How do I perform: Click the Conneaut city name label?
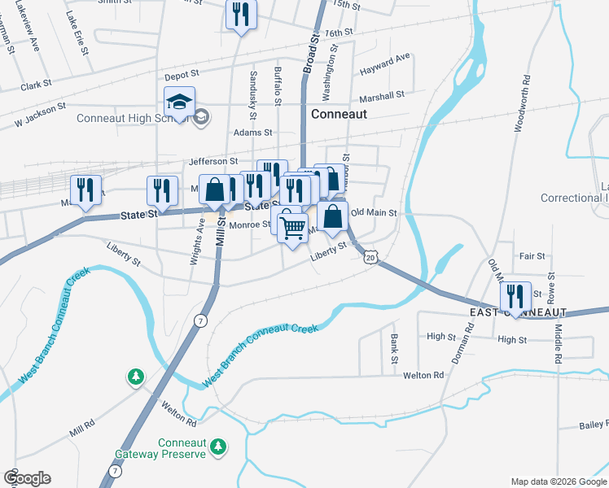point(338,115)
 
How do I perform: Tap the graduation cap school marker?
point(179,102)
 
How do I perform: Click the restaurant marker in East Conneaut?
point(515,296)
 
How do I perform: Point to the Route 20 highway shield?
point(371,256)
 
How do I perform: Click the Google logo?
point(27,479)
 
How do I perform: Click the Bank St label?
point(394,348)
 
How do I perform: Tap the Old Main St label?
point(373,213)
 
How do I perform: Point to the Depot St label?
point(182,76)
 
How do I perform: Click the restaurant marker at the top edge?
point(241,15)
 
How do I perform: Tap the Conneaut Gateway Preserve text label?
point(182,448)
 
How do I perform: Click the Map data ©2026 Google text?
point(558,481)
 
